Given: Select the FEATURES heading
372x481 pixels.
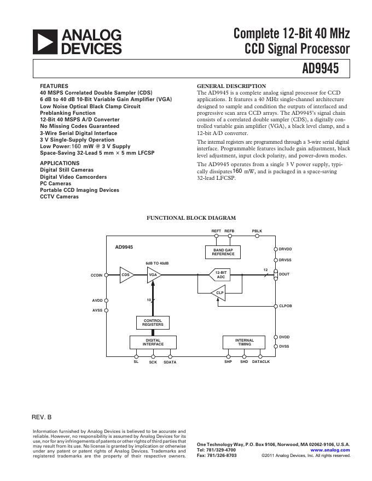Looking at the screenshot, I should pyautogui.click(x=54, y=86).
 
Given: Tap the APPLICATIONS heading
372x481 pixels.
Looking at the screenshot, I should pyautogui.click(x=60, y=163).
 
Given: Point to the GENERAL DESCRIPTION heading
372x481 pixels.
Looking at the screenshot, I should pyautogui.click(x=231, y=86).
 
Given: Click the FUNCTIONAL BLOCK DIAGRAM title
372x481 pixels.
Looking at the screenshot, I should pyautogui.click(x=190, y=218).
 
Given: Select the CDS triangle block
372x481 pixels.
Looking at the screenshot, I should pyautogui.click(x=126, y=275).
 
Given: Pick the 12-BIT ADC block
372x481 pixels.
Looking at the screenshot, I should pyautogui.click(x=220, y=275).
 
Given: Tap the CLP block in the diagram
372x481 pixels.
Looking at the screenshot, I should pyautogui.click(x=219, y=294).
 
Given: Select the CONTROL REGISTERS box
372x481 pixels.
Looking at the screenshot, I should pyautogui.click(x=153, y=322).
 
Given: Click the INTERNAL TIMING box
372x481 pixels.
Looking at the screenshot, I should pyautogui.click(x=244, y=343).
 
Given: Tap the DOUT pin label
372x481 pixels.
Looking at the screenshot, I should pyautogui.click(x=284, y=274).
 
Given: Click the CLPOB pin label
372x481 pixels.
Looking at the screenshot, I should pyautogui.click(x=286, y=306).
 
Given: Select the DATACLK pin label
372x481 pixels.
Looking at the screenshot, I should pyautogui.click(x=261, y=362).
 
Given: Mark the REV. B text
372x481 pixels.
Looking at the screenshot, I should pyautogui.click(x=42, y=417).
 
